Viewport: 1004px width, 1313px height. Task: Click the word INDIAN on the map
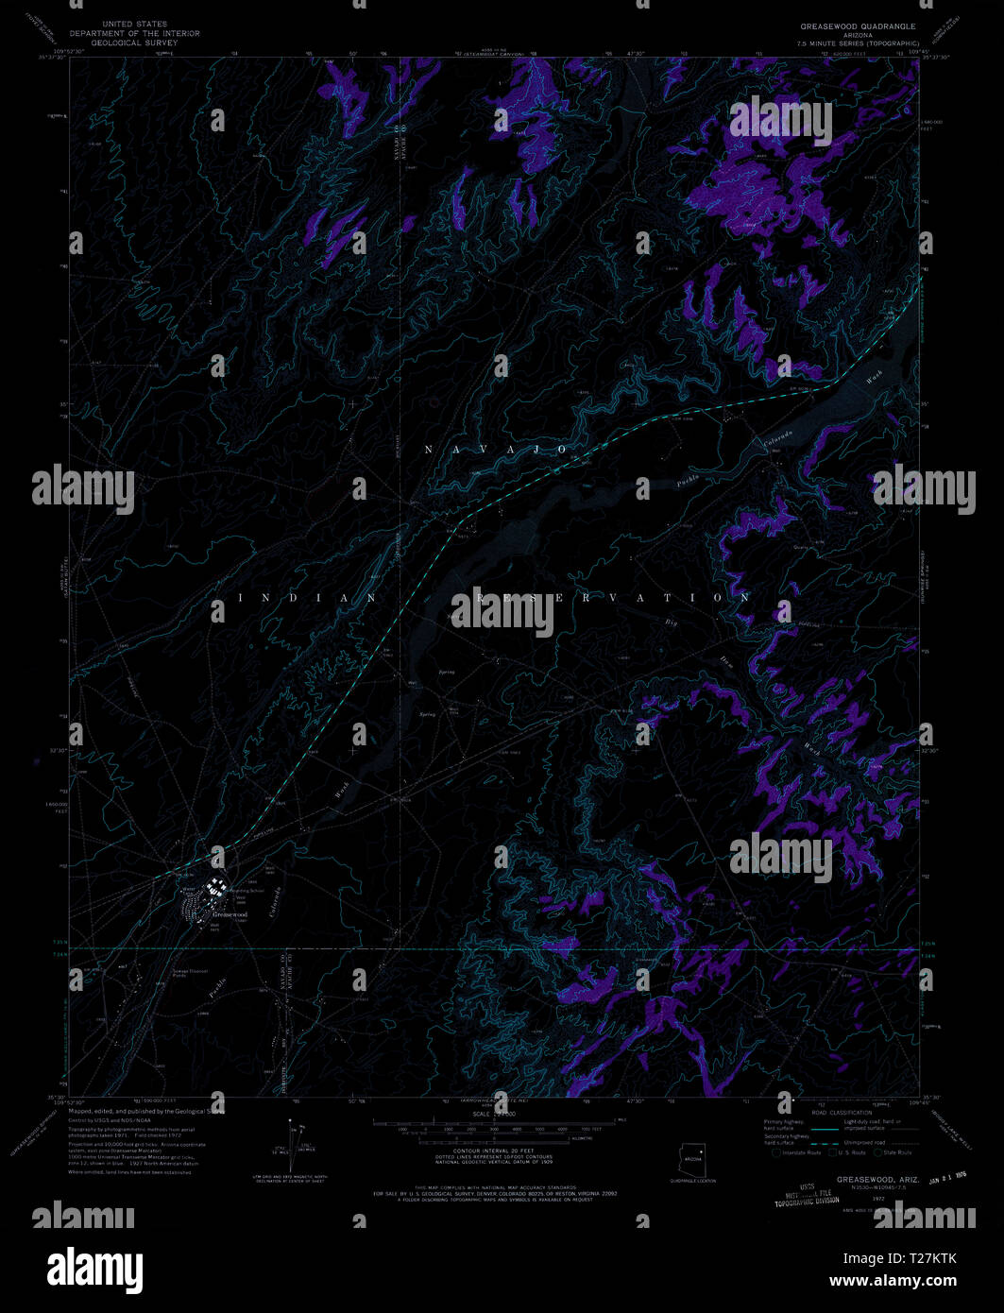307,598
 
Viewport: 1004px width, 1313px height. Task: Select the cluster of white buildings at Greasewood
216,888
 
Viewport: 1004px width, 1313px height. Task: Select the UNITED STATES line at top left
136,24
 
